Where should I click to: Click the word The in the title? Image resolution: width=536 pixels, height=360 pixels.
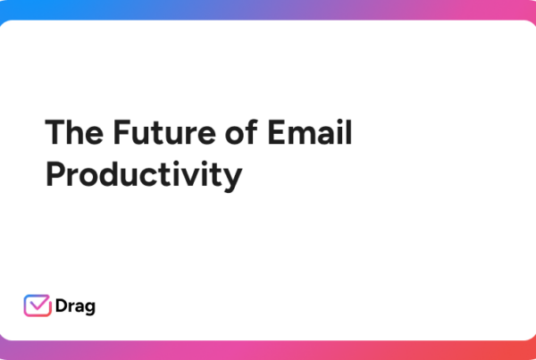pos(74,132)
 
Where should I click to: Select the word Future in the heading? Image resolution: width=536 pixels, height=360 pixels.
pos(164,132)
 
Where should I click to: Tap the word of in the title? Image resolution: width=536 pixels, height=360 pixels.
pos(241,131)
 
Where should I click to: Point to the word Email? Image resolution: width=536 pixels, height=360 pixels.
pos(310,131)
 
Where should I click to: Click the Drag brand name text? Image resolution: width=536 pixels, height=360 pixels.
pos(75,306)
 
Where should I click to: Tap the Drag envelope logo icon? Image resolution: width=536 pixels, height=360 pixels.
pos(38,306)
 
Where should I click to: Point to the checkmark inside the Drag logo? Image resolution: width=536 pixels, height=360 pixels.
pos(38,303)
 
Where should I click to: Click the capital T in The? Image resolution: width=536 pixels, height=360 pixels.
pos(55,132)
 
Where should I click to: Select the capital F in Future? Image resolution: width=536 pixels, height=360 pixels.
pos(122,132)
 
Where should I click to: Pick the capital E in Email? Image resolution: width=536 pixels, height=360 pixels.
pos(276,132)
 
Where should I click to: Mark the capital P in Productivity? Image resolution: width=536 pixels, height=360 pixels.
pos(55,174)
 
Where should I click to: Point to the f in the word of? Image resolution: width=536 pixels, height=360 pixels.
pos(252,131)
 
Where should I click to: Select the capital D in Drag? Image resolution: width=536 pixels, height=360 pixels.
pos(62,306)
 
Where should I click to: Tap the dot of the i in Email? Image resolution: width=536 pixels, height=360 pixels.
pos(339,121)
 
